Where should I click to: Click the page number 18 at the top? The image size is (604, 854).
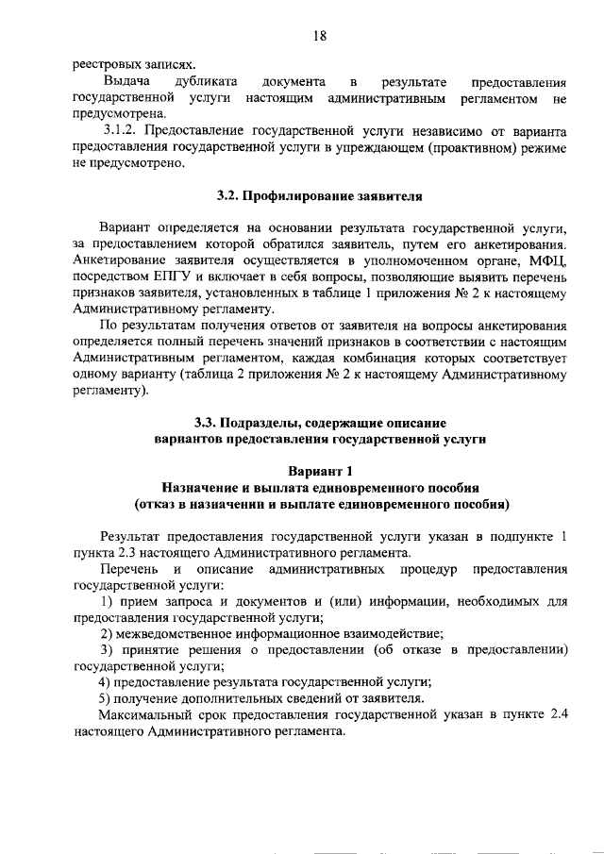320,35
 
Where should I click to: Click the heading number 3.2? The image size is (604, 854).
228,196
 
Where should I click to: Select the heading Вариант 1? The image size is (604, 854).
320,470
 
